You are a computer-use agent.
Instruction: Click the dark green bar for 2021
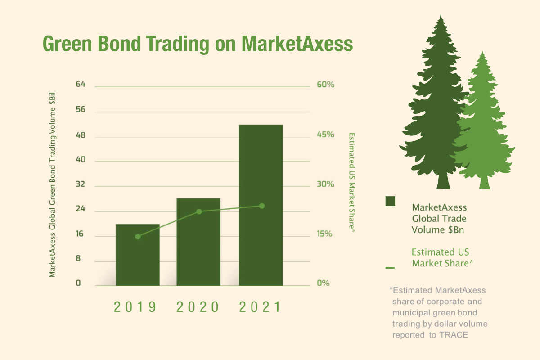pyautogui.click(x=261, y=205)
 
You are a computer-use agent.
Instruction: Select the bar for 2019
pyautogui.click(x=138, y=255)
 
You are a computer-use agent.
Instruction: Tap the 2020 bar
pyautogui.click(x=198, y=242)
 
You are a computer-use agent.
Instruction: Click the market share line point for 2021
pyautogui.click(x=262, y=206)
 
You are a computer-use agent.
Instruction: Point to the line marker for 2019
pyautogui.click(x=138, y=237)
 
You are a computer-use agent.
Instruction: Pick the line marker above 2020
pyautogui.click(x=199, y=211)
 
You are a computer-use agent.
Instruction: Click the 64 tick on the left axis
pyautogui.click(x=81, y=84)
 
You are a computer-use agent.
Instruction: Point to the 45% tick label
pyautogui.click(x=325, y=135)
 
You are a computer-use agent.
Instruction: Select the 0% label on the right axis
pyautogui.click(x=323, y=283)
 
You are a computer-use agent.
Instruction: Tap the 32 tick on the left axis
pyautogui.click(x=81, y=184)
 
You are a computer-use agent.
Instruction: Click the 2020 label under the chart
pyautogui.click(x=198, y=307)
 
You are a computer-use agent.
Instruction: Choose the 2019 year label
pyautogui.click(x=135, y=307)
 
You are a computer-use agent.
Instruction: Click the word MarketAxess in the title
pyautogui.click(x=297, y=44)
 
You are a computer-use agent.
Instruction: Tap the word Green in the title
pyautogui.click(x=67, y=44)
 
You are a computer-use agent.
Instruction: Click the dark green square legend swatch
pyautogui.click(x=390, y=201)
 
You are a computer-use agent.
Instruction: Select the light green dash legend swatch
pyautogui.click(x=390, y=268)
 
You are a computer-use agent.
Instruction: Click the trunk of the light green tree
pyautogui.click(x=484, y=183)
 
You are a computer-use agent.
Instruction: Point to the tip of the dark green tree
pyautogui.click(x=441, y=15)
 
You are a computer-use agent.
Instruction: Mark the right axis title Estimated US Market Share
pyautogui.click(x=352, y=183)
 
